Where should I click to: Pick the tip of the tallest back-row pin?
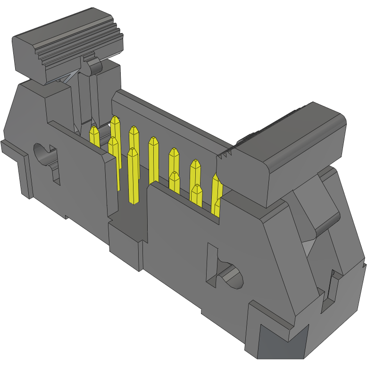tap(115, 120)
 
